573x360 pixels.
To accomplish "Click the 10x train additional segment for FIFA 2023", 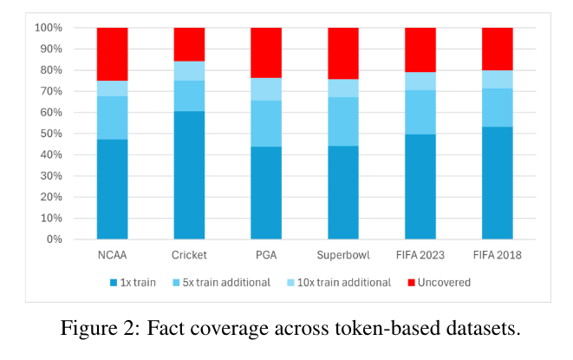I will [x=420, y=81].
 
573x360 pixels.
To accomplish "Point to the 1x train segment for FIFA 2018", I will [x=498, y=182].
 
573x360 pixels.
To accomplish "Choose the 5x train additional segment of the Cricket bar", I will [x=189, y=95].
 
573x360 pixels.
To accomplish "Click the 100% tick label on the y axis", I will [x=48, y=28].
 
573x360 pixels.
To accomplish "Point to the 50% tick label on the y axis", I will [x=50, y=134].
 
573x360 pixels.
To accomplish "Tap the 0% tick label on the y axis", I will [x=54, y=239].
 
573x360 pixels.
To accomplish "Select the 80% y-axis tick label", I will [x=50, y=70].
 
